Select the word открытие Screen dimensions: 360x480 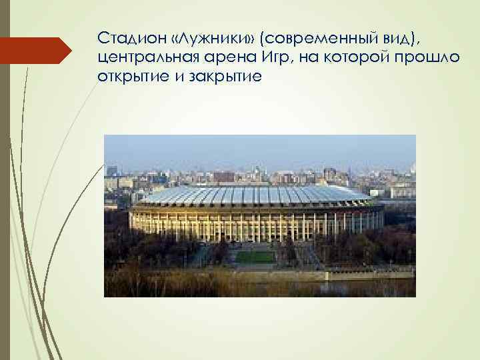coord(128,77)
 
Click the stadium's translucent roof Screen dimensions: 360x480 coord(253,194)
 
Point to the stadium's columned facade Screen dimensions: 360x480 coord(253,223)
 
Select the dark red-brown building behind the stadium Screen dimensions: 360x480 coord(224,177)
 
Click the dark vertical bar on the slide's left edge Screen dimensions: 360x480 coord(5,180)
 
